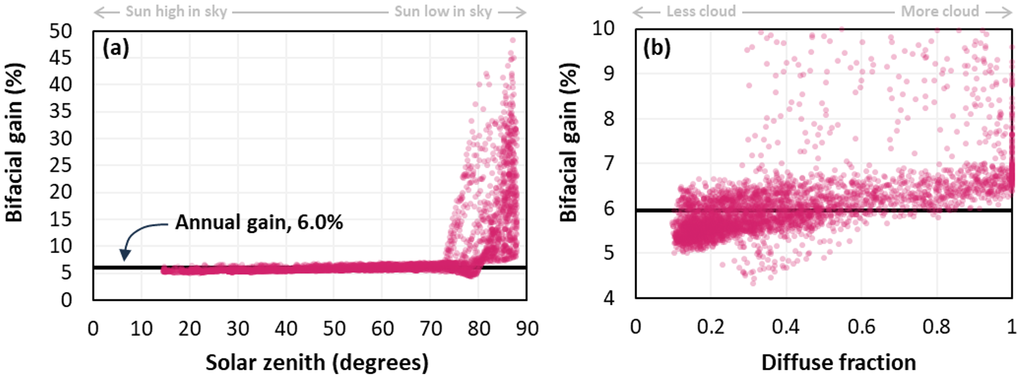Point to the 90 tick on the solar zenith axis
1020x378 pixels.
(x=527, y=326)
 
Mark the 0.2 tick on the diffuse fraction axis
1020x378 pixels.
(x=711, y=326)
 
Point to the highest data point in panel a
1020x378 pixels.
(x=513, y=40)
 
